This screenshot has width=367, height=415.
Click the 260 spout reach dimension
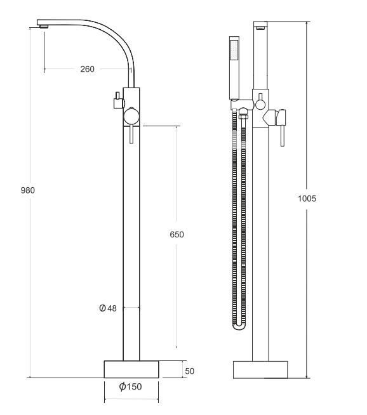coord(88,69)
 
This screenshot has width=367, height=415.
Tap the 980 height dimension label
coord(28,190)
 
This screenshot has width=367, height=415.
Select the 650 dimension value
coord(177,235)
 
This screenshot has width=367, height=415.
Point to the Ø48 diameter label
coord(108,308)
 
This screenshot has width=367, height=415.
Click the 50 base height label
coord(190,371)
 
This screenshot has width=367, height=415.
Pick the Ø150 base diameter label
coord(131,386)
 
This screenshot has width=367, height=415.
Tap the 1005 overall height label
coord(307,199)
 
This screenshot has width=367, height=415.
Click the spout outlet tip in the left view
coord(44,26)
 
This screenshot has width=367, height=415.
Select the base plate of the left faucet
coord(131,369)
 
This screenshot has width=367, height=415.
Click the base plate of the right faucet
coord(260,370)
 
